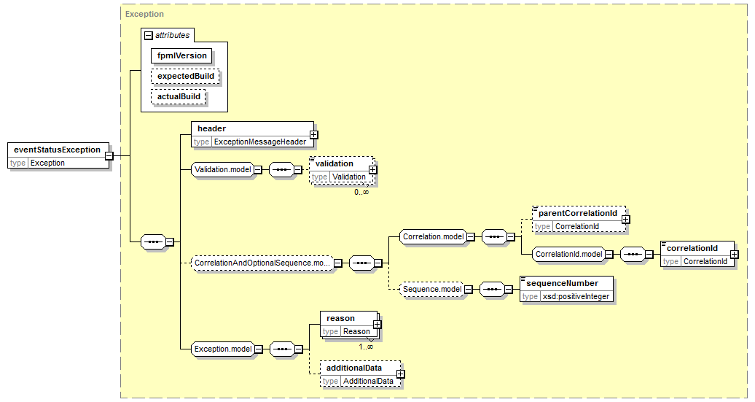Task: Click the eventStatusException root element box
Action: point(59,155)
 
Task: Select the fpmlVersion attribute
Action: point(181,56)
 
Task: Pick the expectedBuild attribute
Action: point(185,76)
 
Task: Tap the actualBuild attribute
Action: point(178,96)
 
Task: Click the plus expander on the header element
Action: point(313,135)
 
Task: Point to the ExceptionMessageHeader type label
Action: point(260,142)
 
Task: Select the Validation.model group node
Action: point(223,170)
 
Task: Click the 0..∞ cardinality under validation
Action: point(361,192)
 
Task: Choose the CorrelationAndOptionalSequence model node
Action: point(262,263)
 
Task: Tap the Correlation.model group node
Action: point(434,236)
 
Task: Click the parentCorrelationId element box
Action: point(579,220)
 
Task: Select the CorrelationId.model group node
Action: point(568,254)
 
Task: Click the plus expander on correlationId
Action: point(734,255)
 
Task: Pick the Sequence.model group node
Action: point(432,289)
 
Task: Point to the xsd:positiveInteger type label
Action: point(576,296)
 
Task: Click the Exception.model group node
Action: point(223,349)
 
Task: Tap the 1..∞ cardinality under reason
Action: point(365,347)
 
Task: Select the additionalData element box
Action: point(361,374)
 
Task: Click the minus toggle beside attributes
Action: point(149,35)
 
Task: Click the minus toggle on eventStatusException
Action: point(109,155)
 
